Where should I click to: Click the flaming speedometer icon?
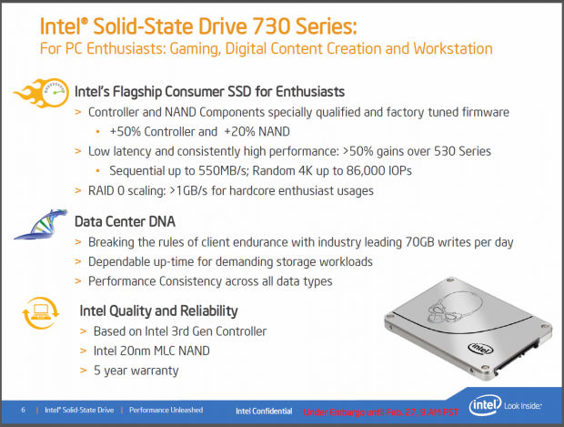point(42,93)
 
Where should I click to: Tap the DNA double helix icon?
point(41,225)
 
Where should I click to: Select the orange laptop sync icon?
point(40,312)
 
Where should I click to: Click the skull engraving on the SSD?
point(454,306)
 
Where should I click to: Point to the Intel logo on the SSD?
point(480,348)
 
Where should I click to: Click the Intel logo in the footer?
point(485,406)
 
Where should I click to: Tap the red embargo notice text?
point(380,412)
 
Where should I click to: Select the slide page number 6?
point(24,410)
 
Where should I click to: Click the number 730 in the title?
point(271,25)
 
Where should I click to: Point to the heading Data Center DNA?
point(125,221)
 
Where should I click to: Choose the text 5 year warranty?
point(136,371)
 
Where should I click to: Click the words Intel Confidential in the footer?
point(264,412)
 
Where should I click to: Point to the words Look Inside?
point(523,406)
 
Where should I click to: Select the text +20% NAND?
point(257,132)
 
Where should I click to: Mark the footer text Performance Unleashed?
point(166,410)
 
